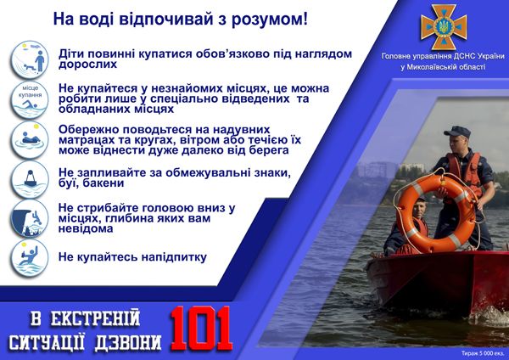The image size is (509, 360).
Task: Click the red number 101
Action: coord(202,327)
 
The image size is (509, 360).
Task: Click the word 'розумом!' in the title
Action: coord(269,17)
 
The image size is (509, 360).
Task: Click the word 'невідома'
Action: coord(84,228)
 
